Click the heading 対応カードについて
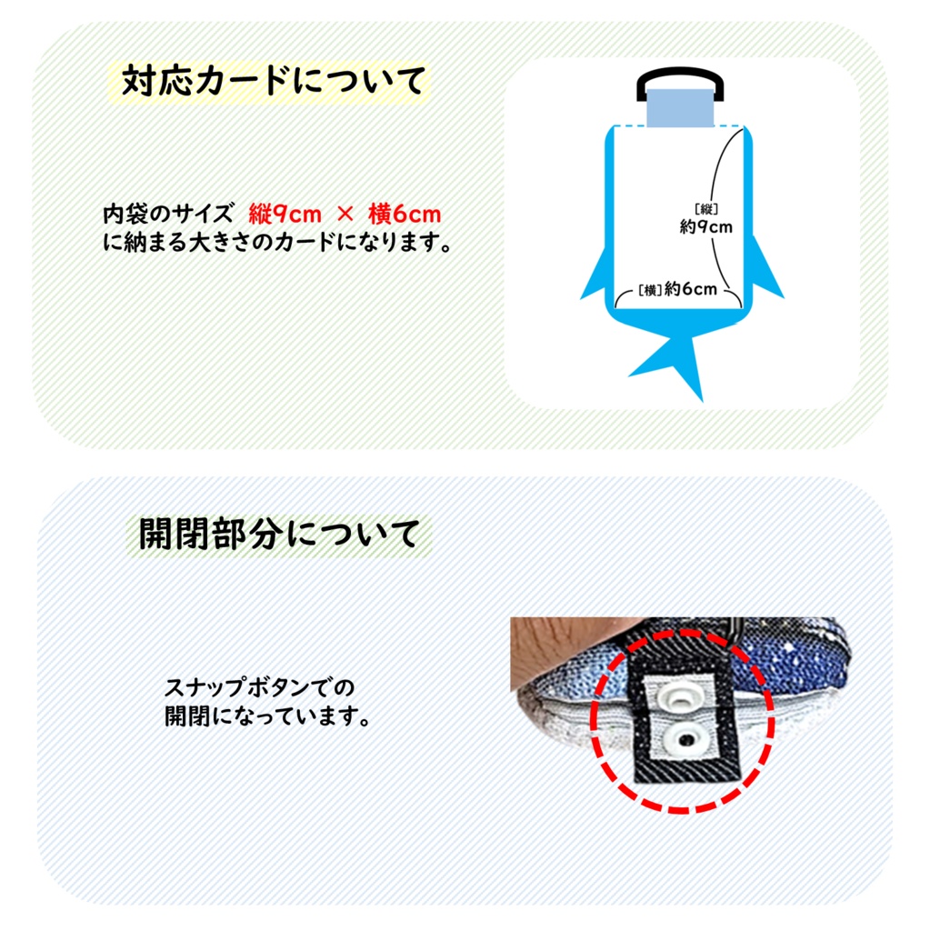(273, 82)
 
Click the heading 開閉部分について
(279, 534)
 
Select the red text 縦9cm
(285, 215)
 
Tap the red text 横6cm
(405, 215)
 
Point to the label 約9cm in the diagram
(705, 227)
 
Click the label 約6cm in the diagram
(690, 289)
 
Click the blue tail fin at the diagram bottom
(677, 362)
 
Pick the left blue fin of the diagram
(598, 278)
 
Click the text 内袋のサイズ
(168, 215)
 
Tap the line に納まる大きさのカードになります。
(276, 244)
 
